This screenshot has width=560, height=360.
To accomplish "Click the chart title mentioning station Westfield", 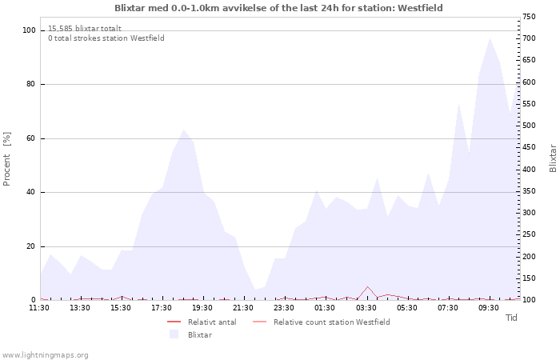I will tap(278, 8).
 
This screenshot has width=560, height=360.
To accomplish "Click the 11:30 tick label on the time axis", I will tap(40, 308).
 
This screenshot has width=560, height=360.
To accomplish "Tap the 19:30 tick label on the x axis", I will tap(203, 308).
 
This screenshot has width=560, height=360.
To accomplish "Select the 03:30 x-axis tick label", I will tap(366, 308).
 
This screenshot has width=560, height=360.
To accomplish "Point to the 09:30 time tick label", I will tap(489, 308).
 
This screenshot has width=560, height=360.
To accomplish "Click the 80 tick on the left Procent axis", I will tap(30, 85).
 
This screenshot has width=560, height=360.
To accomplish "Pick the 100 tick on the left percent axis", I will tap(29, 30).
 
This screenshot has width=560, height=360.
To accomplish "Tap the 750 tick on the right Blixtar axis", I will tap(528, 17).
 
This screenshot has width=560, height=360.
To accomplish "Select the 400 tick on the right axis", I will tap(528, 170).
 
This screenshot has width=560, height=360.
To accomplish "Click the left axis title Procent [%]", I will tap(7, 158).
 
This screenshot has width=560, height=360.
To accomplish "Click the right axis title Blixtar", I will tap(553, 158).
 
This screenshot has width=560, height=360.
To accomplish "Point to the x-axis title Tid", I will tap(511, 318).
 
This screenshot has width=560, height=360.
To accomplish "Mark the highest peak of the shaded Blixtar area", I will tap(490, 38).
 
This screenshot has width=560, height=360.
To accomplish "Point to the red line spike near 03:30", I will tap(367, 286).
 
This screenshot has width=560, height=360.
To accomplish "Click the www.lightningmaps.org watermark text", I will tap(46, 354).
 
